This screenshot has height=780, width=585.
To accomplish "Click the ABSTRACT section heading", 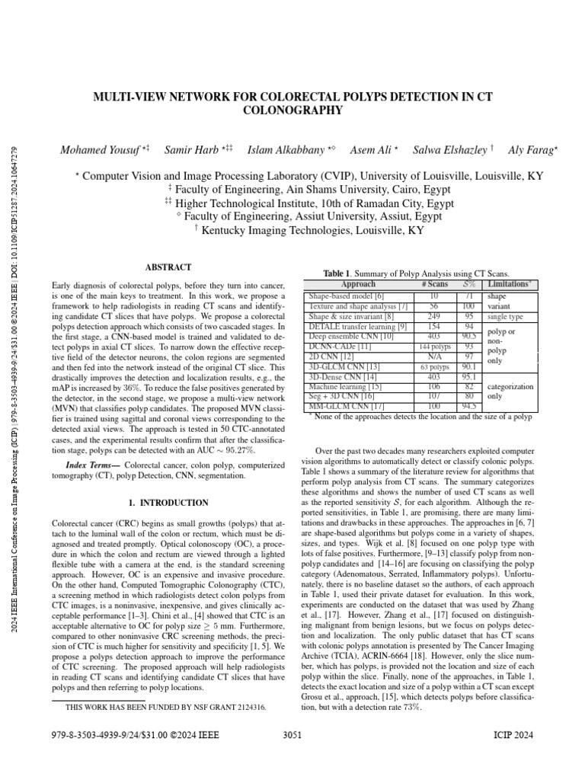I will click(x=168, y=267).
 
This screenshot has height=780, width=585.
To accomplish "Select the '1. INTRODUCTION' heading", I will click(x=168, y=503).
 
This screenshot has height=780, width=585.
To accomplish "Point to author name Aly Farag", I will click(x=525, y=150).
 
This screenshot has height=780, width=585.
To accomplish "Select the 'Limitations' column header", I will click(x=510, y=284).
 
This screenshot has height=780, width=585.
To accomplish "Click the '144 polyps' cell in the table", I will click(x=433, y=346).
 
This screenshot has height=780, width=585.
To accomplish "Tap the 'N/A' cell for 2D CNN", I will click(x=433, y=356).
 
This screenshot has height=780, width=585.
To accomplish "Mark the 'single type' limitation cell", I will click(x=506, y=315).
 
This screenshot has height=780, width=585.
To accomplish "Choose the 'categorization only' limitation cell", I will click(x=506, y=391).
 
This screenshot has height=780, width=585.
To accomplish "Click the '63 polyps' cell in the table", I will click(x=433, y=366).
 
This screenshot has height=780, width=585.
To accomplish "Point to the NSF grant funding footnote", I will click(x=166, y=707).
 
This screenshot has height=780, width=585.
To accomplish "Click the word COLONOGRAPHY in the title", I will click(x=292, y=111).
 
